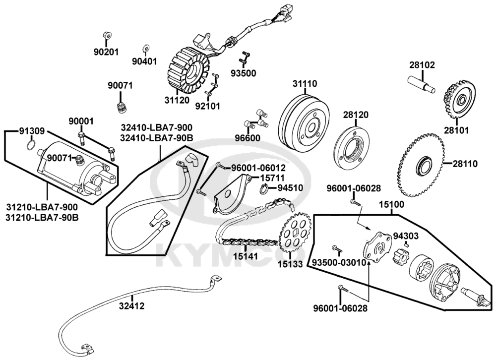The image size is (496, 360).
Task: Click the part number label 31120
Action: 177,100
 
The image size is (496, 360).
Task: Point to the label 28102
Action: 422,65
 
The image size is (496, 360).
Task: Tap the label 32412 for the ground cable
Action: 131,306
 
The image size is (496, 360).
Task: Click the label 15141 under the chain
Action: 246,256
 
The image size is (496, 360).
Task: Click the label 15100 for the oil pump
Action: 391,204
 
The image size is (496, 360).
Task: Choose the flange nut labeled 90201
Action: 107,36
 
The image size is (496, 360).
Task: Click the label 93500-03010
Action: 339,263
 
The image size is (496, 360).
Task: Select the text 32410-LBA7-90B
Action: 156,138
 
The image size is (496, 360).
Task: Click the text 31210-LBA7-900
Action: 42,207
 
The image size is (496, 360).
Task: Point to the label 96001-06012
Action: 258,168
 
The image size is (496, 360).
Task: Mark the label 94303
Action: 406,236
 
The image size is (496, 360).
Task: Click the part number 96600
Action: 248,138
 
